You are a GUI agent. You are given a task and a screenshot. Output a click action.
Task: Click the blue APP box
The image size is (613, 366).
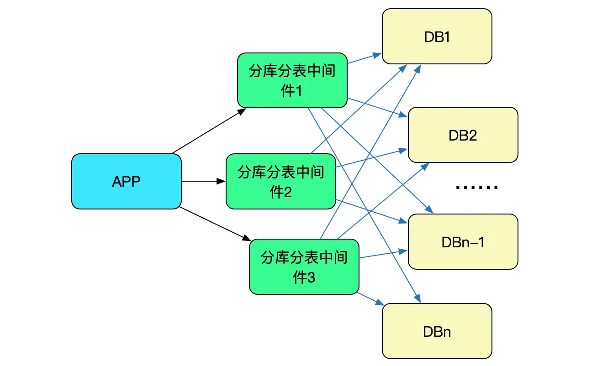127,182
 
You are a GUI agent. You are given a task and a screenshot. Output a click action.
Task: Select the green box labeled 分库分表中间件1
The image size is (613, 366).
292,81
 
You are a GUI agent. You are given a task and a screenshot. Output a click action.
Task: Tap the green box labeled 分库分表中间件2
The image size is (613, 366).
281,182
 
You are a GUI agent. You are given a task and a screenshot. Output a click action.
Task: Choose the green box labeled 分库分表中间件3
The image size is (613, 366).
304,267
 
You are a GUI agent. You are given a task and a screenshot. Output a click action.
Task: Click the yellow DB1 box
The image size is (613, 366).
437,37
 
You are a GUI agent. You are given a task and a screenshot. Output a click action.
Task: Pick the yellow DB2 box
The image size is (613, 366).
463,135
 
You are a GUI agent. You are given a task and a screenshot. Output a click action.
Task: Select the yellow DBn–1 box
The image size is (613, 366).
463,242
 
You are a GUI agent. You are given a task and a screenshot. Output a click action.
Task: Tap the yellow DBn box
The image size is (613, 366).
437,331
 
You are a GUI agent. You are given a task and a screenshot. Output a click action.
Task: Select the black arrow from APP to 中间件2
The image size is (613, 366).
203,182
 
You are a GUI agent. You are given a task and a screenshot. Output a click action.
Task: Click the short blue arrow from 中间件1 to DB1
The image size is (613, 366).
365,58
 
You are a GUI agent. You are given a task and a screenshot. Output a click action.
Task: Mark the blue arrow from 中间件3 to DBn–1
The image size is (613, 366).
384,254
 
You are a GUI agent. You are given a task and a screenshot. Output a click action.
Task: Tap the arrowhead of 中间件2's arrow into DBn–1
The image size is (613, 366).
403,222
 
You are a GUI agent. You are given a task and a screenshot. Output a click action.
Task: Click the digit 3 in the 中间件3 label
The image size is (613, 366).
311,278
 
